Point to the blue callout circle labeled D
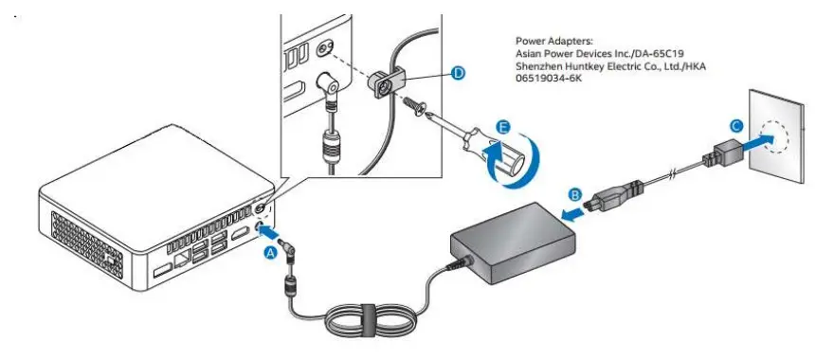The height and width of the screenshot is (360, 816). click(x=459, y=73)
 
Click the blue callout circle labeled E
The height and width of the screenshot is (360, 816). click(x=502, y=125)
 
